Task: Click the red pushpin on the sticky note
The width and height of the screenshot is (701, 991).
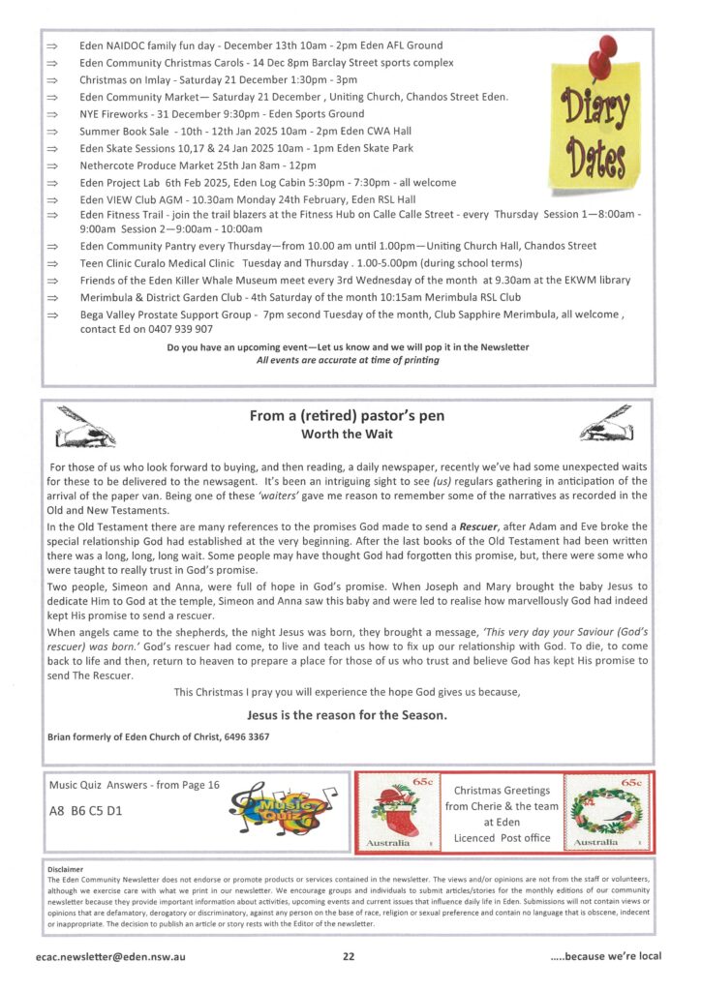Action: coord(607,52)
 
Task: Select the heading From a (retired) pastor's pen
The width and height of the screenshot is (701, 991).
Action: coord(347,416)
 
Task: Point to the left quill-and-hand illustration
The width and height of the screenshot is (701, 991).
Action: coord(89,425)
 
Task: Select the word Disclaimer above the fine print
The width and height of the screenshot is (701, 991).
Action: coord(66,869)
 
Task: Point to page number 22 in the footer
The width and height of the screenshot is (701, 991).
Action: coord(348,956)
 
